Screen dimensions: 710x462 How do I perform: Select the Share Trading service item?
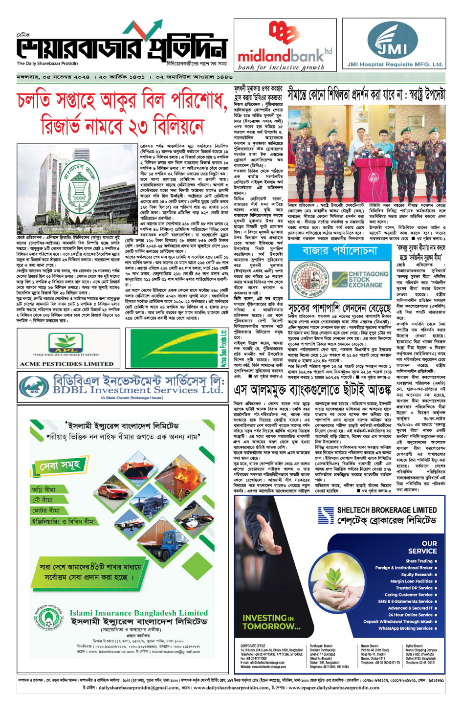click(x=419, y=561)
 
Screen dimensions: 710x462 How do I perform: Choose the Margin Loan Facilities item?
click(x=412, y=581)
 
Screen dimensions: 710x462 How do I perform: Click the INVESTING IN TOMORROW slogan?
click(x=271, y=622)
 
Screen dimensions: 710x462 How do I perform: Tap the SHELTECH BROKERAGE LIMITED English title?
click(x=387, y=510)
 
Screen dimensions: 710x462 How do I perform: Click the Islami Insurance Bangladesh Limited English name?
click(x=139, y=613)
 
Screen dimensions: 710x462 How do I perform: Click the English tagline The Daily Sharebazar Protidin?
click(x=47, y=64)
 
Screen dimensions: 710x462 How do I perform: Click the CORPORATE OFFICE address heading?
click(x=253, y=646)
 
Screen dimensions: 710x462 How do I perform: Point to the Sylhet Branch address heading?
click(x=415, y=646)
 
